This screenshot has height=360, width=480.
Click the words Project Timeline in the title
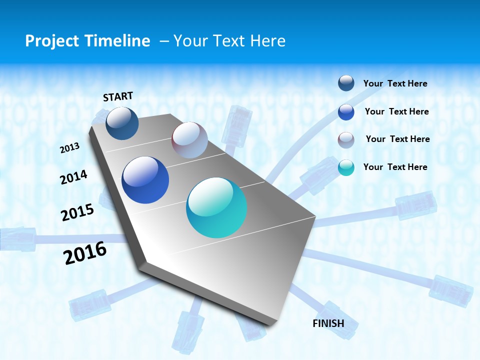87,41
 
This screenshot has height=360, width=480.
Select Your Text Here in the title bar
229,41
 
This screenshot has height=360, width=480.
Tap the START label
118,96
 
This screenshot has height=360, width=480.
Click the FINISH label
328,323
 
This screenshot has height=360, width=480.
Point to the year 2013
70,148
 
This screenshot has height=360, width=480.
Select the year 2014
74,177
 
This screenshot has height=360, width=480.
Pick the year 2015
77,212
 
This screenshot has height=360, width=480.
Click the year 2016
85,253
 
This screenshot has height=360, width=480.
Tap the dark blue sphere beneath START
122,123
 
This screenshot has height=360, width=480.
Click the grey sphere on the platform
189,140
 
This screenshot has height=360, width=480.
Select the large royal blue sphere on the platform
145,180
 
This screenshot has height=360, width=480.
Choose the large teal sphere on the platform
216,207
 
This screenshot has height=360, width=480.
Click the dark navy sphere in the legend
346,83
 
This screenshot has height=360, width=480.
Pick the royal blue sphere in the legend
346,112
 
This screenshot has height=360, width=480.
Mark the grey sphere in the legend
346,140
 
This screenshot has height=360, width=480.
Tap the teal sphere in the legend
346,167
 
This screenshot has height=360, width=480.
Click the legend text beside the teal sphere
395,167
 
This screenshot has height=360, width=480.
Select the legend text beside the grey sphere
397,139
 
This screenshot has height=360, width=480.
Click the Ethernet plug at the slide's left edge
17,238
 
